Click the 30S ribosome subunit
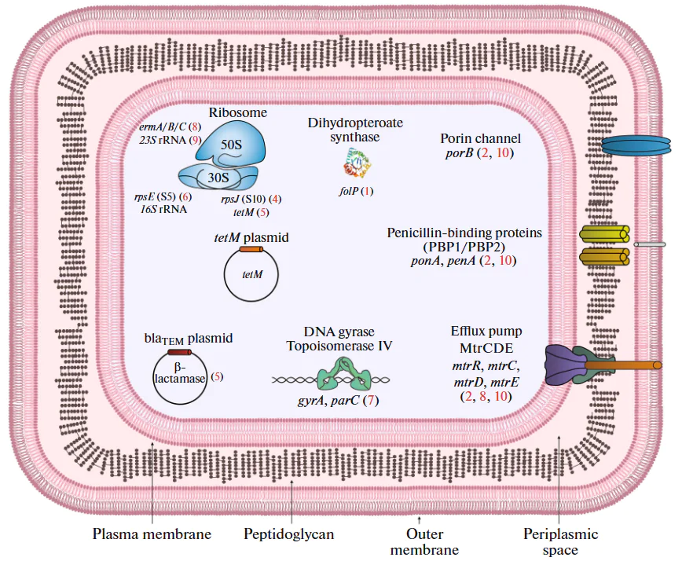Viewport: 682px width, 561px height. (x=222, y=177)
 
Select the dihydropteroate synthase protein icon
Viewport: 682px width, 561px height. (x=357, y=165)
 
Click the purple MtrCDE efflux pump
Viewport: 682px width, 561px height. (x=566, y=365)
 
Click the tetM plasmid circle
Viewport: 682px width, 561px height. (x=251, y=275)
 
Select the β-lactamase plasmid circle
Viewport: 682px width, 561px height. (x=180, y=377)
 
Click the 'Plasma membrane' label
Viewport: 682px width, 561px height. (x=152, y=534)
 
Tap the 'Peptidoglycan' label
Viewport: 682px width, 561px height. (x=289, y=534)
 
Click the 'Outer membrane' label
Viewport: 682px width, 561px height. (x=424, y=541)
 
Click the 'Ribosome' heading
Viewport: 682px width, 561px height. (x=238, y=112)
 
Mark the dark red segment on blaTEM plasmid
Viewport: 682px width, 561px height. (x=179, y=352)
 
